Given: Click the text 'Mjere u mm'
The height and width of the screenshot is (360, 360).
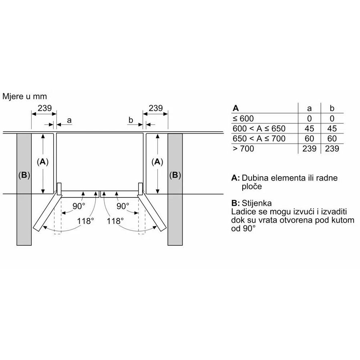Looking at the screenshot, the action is (24, 97).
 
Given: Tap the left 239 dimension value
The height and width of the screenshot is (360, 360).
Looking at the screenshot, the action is (44, 108).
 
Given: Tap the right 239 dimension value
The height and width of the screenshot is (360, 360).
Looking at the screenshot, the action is (156, 108).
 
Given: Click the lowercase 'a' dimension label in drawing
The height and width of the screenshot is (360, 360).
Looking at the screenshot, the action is (69, 120).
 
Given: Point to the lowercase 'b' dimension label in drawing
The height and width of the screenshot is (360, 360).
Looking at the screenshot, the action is (131, 120).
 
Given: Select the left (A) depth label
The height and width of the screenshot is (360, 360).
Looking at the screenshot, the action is (43, 162).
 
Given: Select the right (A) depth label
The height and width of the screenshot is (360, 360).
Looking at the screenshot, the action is (157, 162).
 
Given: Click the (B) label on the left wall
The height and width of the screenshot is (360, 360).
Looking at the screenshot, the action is (24, 175).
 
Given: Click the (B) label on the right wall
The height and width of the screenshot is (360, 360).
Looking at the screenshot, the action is (175, 175).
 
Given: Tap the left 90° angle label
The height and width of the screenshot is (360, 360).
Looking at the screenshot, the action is (79, 206).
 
